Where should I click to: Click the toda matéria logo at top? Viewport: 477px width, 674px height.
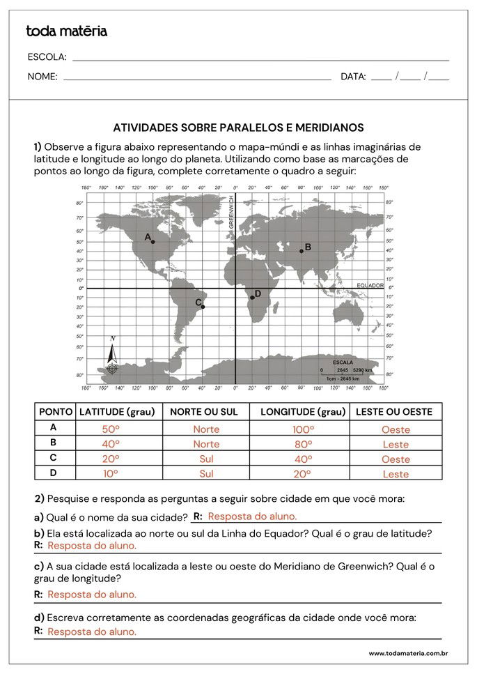point(66,31)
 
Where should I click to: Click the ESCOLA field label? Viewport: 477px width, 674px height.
point(47,57)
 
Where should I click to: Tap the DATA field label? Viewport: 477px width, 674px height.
point(353,77)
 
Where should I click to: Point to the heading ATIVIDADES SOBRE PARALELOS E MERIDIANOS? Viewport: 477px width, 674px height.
point(238,128)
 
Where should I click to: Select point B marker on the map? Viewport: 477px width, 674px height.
point(302,251)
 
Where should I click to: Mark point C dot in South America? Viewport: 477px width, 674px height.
point(203,307)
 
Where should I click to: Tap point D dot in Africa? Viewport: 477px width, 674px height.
point(252,298)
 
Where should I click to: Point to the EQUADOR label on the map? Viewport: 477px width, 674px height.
point(370,286)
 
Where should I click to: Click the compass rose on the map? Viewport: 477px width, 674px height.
point(112,359)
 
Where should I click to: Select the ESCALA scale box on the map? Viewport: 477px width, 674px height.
point(343,370)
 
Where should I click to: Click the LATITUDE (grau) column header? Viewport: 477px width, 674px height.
point(117,412)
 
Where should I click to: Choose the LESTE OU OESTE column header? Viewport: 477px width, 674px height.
point(394,412)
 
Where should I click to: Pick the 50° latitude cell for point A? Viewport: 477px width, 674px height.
point(111,429)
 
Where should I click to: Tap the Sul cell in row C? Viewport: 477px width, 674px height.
point(206,459)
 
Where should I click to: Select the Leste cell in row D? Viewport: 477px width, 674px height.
point(396,474)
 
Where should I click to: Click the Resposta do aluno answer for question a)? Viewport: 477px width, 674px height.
point(252,516)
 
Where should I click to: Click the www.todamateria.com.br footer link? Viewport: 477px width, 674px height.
point(407,653)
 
